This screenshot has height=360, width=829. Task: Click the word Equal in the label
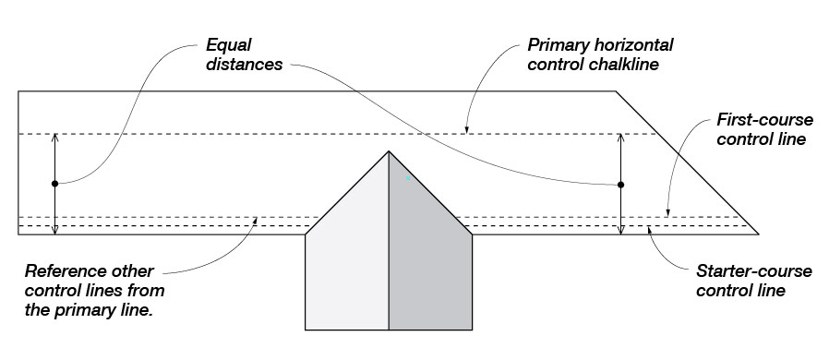click(x=228, y=45)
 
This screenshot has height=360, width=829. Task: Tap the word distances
click(x=245, y=65)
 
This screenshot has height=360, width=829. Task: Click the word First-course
click(x=764, y=120)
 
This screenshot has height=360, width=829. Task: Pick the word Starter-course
click(x=754, y=271)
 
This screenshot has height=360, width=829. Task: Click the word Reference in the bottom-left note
click(x=65, y=271)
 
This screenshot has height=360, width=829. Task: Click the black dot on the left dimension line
click(x=54, y=184)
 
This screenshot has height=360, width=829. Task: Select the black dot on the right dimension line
click(x=620, y=185)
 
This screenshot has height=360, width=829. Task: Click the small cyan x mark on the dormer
click(x=408, y=178)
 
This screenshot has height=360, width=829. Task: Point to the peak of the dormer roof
click(x=389, y=151)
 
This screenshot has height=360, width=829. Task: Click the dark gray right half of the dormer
click(x=430, y=254)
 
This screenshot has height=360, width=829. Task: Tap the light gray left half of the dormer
click(x=347, y=254)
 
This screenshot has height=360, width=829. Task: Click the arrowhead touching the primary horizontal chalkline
click(x=466, y=130)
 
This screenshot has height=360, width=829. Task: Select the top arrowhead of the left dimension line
click(x=54, y=138)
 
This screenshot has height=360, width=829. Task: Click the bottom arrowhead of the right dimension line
click(x=620, y=231)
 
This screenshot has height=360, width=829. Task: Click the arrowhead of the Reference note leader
click(x=256, y=220)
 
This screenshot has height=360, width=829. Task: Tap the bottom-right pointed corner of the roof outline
click(x=758, y=234)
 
